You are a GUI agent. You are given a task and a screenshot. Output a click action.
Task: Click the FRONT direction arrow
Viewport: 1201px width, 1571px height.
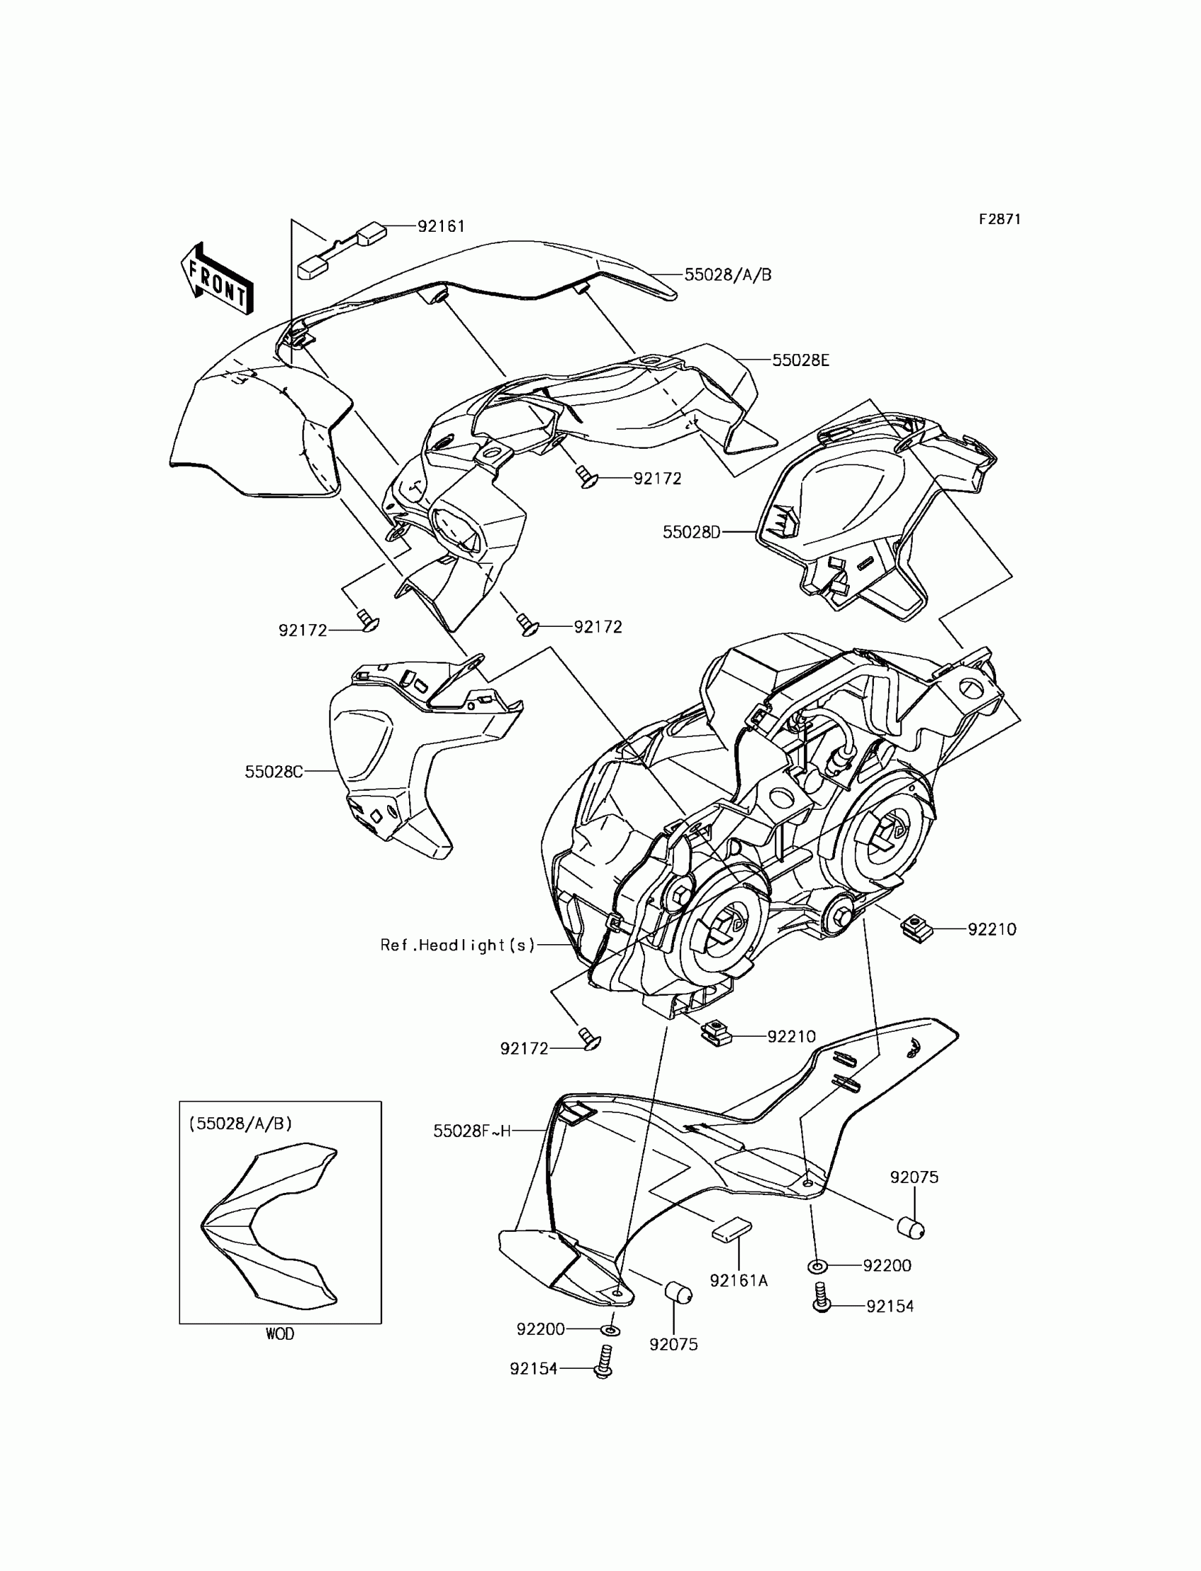[x=217, y=280]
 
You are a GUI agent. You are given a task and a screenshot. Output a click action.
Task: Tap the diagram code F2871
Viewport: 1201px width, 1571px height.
[x=1000, y=220]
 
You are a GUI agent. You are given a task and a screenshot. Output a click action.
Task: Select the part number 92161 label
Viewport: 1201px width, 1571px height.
[x=441, y=227]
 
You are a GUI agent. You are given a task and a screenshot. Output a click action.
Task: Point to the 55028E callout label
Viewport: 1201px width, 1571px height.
[x=800, y=360]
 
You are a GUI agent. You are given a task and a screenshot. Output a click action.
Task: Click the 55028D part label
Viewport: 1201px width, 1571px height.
[x=692, y=532]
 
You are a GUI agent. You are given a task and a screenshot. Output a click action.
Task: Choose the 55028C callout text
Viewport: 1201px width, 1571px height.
[x=274, y=772]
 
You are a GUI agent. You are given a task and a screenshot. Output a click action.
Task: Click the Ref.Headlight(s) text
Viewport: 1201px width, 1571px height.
[x=458, y=946]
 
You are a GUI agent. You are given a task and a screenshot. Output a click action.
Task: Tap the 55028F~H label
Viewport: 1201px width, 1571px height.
[x=472, y=1131]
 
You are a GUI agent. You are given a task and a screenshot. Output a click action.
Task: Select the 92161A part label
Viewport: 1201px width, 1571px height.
[x=738, y=1281]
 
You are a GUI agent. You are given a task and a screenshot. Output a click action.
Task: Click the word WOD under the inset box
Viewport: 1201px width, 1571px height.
[x=280, y=1334]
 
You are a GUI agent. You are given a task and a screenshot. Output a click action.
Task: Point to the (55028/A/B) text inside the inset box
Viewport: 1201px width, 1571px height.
[x=240, y=1124]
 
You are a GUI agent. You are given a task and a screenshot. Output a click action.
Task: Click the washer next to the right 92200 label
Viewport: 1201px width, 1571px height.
[x=817, y=1266]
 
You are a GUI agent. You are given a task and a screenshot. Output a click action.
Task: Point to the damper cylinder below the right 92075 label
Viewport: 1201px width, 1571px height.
[x=910, y=1228]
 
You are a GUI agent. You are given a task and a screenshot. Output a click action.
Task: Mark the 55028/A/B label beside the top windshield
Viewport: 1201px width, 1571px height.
[x=728, y=276]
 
